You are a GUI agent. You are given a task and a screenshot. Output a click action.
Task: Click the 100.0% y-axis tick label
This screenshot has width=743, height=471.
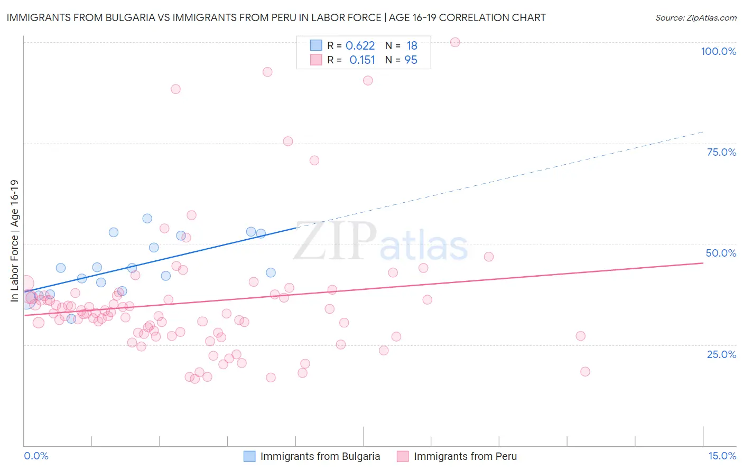718,51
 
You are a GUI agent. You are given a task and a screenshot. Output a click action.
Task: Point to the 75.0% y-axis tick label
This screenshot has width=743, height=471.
721,152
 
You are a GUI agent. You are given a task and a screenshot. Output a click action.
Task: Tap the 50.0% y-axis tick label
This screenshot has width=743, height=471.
721,253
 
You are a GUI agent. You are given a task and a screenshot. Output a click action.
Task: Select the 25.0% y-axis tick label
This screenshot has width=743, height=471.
721,354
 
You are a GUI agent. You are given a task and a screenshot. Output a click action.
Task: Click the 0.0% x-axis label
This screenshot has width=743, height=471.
36,456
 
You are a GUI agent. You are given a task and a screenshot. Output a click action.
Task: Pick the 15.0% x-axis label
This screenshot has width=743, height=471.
722,456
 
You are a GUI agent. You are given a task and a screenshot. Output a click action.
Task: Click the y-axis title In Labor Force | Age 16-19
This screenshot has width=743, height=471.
14,241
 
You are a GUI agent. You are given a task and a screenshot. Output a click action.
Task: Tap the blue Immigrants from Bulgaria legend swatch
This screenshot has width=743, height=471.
249,456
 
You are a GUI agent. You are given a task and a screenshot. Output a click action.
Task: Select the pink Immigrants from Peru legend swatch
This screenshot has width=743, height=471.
403,456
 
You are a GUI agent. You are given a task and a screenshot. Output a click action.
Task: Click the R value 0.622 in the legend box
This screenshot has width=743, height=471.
360,46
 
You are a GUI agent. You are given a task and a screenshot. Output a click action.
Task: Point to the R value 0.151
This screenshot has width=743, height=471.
362,60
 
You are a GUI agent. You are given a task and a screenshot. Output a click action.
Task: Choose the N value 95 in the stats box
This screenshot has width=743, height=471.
411,60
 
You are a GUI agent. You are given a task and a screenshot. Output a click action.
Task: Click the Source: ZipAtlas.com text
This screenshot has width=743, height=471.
695,18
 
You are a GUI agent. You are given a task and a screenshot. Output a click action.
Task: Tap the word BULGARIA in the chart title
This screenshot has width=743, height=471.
127,18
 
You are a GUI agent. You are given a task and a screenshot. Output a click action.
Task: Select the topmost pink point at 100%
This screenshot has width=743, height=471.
455,42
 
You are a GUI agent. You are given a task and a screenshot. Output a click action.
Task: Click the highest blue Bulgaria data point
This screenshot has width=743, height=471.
147,219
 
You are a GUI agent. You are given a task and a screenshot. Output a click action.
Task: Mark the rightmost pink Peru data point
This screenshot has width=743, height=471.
585,372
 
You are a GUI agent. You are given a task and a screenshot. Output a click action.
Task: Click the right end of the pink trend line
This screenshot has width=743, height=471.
703,262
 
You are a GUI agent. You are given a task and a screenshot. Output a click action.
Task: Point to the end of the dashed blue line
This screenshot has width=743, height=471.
703,131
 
